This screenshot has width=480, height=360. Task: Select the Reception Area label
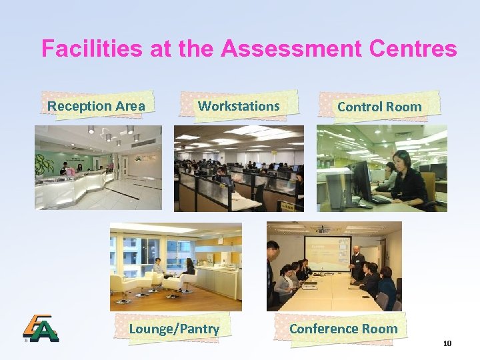point(96,105)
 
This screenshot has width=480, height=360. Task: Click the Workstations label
point(239,105)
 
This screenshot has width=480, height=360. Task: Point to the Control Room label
point(379,106)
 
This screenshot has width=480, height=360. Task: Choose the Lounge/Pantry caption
point(174,328)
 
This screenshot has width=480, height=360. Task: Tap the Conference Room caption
point(343,328)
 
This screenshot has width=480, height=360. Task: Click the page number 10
point(447,343)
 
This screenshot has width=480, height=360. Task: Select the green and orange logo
point(41,327)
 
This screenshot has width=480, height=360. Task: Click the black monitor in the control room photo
point(363,180)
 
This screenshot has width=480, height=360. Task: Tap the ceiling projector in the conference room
point(323,230)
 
